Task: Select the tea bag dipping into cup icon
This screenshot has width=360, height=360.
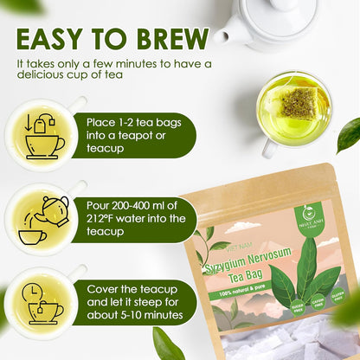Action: pyautogui.click(x=44, y=137)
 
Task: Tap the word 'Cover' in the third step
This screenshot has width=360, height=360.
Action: pyautogui.click(x=106, y=288)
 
